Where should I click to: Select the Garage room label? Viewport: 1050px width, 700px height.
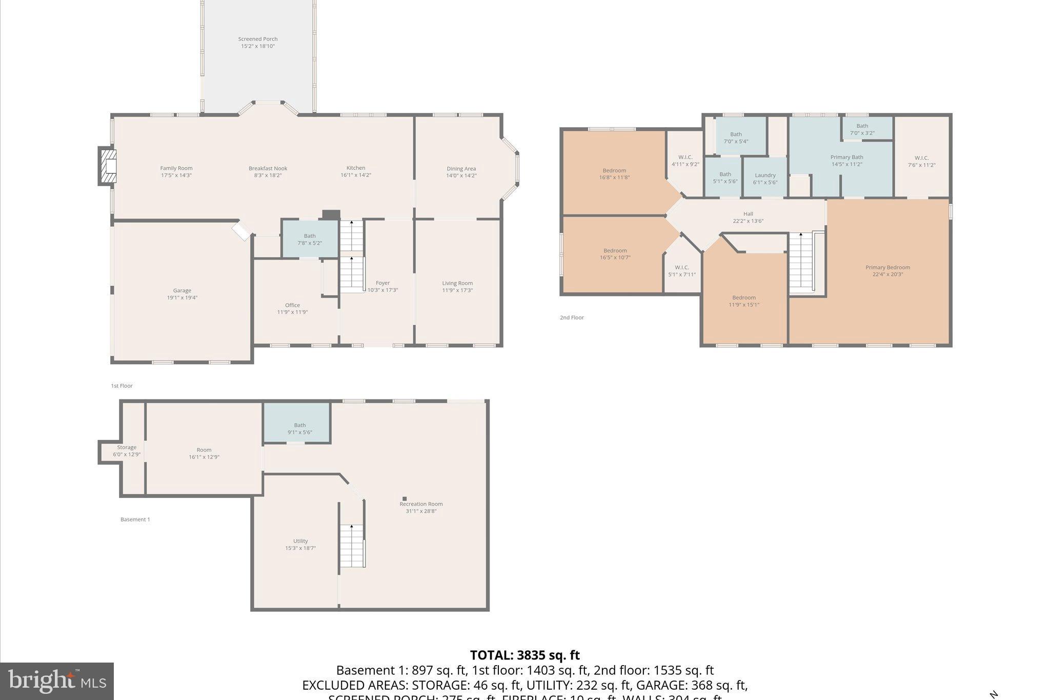point(182,291)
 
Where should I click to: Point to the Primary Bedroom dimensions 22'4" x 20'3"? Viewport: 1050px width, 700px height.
point(887,274)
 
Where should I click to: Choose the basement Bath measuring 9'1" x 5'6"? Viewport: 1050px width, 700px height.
point(299,428)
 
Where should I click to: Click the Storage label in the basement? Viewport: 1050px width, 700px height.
point(127,447)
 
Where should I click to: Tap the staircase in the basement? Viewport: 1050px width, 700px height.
point(352,546)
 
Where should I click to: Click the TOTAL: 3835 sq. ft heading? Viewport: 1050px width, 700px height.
point(524,655)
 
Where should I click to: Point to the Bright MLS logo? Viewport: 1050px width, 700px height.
point(57,681)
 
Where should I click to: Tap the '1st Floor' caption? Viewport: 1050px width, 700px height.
point(122,386)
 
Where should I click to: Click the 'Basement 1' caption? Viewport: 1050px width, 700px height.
point(135,519)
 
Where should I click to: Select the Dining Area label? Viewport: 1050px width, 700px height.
point(461,168)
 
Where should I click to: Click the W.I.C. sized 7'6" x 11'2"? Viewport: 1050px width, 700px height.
point(921,161)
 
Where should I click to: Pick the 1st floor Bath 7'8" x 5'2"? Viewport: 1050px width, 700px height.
point(310,239)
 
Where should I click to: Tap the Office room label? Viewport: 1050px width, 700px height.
point(292,305)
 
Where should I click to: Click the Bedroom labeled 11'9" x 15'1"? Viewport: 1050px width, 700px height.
point(744,301)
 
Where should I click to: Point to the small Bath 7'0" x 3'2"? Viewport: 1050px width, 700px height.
point(862,129)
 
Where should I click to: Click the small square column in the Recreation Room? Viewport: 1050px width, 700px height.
point(405,498)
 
